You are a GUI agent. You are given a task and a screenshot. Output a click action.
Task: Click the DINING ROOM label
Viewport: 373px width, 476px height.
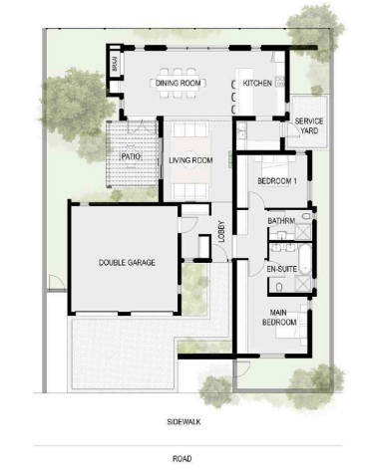tap(179, 83)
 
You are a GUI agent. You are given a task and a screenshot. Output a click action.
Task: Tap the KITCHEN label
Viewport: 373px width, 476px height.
tap(257, 83)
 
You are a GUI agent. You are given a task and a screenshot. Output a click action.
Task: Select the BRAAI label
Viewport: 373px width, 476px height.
tap(115, 64)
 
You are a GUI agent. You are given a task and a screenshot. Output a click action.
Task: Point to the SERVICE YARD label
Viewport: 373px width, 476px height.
tap(309, 125)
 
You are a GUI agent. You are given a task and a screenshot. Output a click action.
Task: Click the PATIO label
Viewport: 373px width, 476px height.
tap(132, 156)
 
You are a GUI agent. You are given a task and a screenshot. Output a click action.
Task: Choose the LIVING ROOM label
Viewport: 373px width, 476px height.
tap(190, 160)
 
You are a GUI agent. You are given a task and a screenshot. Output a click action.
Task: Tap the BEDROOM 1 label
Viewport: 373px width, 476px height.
tap(277, 181)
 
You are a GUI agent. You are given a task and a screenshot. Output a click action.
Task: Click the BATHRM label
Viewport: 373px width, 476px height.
tap(281, 221)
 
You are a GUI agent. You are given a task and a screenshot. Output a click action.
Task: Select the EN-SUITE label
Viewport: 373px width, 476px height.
tap(282, 269)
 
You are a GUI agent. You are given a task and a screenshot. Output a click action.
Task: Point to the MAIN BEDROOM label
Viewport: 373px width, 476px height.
tap(279, 318)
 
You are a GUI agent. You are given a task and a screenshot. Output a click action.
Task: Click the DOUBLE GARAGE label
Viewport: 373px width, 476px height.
tap(127, 263)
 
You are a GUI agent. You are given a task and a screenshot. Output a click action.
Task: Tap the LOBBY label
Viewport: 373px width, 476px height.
tap(222, 231)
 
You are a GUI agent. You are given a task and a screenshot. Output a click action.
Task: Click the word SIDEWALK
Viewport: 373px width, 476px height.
tap(184, 422)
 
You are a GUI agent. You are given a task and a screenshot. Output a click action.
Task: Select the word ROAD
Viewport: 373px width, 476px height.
tap(182, 459)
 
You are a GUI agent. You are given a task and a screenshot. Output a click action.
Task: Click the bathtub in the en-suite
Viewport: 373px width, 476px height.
tap(305, 259)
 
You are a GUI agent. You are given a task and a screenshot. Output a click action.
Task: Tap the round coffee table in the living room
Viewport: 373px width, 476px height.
tap(190, 161)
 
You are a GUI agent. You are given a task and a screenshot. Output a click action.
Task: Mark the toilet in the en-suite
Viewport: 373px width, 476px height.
tap(279, 287)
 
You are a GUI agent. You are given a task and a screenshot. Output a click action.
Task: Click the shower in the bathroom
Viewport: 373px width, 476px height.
tap(303, 231)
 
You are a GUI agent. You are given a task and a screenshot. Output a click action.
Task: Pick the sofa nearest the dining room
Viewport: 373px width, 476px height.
tap(190, 129)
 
